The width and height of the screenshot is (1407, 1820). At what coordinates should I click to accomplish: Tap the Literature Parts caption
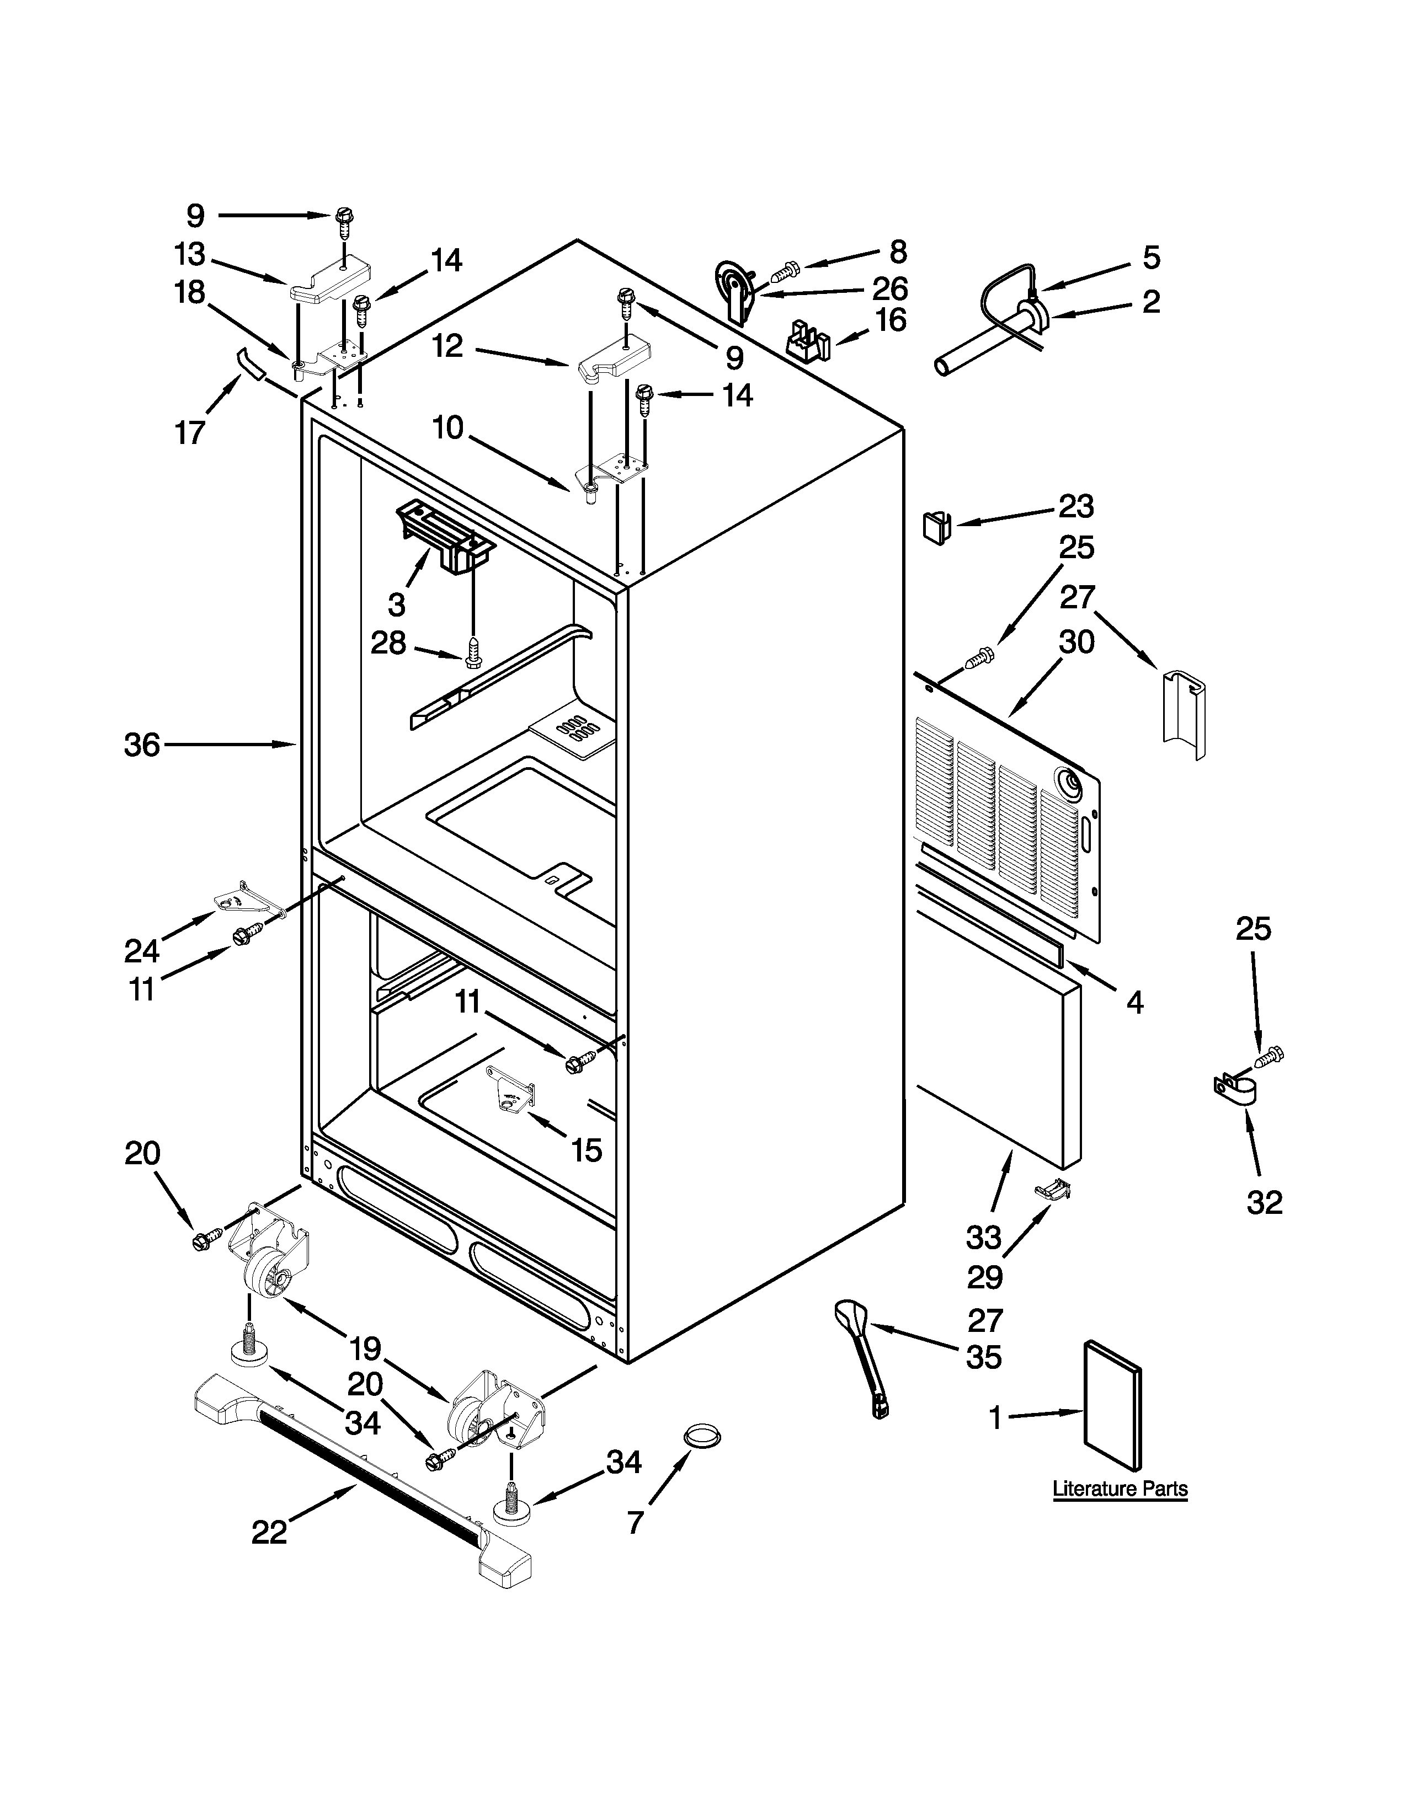(1120, 1489)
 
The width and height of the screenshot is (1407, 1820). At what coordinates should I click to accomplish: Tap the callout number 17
(190, 432)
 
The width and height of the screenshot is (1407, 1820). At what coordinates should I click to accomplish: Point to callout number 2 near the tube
(1150, 302)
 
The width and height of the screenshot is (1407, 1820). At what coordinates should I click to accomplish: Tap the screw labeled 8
(785, 270)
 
